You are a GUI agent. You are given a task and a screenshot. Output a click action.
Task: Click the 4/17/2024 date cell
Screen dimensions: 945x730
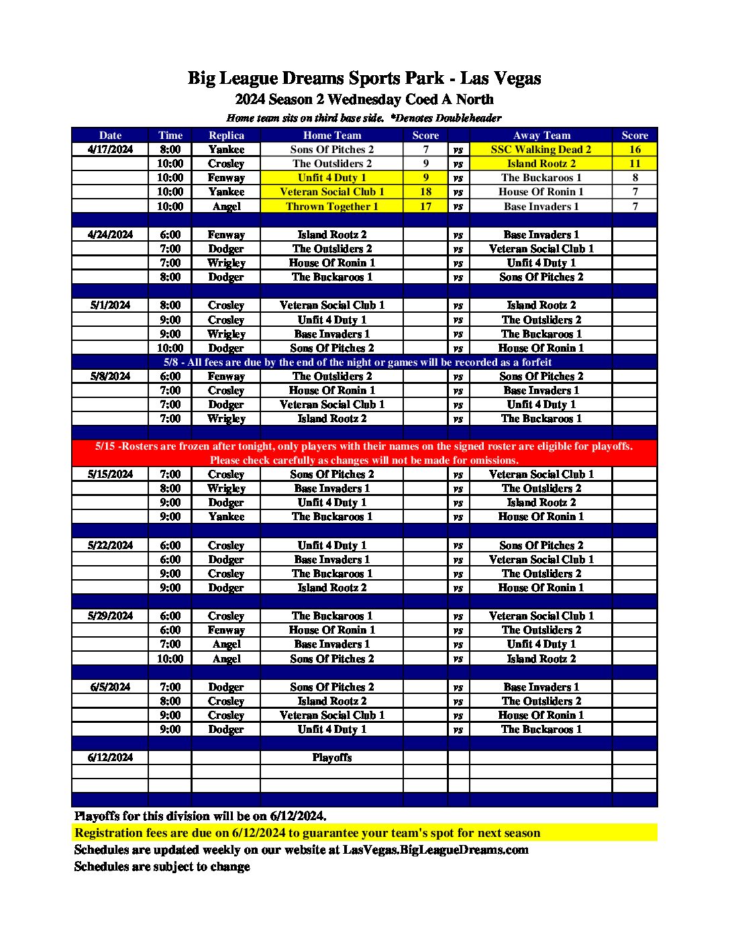click(110, 150)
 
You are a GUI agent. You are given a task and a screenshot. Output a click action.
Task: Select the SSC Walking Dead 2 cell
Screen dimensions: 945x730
click(541, 150)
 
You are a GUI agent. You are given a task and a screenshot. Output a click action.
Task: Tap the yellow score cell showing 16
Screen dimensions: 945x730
click(635, 150)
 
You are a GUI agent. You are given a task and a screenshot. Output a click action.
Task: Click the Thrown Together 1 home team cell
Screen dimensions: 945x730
click(331, 206)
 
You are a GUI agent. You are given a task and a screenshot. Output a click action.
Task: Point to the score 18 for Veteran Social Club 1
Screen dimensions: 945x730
click(425, 192)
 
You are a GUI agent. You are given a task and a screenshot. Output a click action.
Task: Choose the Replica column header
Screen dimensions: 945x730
click(226, 136)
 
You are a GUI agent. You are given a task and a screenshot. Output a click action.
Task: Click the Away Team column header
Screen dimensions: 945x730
click(541, 136)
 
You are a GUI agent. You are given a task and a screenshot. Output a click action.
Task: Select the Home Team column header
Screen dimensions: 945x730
click(331, 136)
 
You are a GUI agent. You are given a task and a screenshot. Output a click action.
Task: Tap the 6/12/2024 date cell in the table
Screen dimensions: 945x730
click(110, 758)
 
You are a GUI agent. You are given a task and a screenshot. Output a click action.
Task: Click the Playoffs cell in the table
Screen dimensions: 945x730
click(331, 758)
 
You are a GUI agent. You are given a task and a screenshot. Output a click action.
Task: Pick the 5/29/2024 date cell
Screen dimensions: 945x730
click(110, 616)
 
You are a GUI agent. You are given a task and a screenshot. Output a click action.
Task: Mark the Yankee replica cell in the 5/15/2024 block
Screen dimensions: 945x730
click(226, 517)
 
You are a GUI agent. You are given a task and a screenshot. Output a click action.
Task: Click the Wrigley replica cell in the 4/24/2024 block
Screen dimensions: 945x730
click(226, 263)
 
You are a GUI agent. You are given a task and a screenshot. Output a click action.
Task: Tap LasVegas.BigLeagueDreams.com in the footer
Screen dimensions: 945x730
click(435, 850)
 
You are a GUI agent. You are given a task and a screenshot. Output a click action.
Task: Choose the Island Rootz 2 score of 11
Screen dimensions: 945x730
click(635, 164)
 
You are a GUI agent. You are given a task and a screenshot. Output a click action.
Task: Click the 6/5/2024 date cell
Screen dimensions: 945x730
click(110, 687)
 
